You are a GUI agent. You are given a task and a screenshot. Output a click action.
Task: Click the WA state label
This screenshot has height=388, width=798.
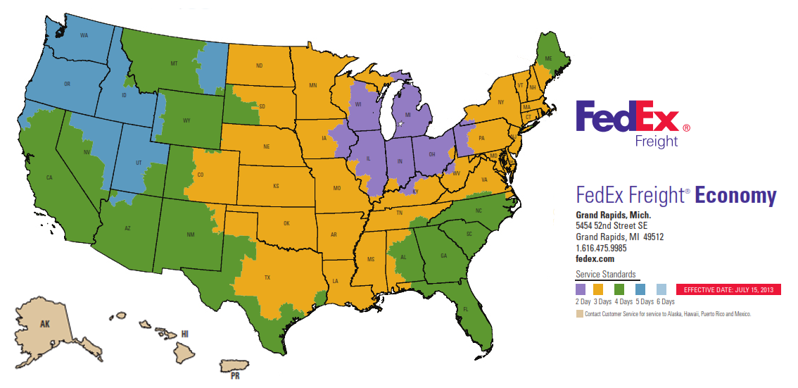click(x=84, y=35)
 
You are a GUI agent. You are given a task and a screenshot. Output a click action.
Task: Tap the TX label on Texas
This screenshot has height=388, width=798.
click(x=267, y=277)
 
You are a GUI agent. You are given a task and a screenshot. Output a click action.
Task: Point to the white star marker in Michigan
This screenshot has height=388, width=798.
click(x=401, y=124)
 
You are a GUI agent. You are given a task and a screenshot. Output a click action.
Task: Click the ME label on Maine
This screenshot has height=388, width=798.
click(x=549, y=59)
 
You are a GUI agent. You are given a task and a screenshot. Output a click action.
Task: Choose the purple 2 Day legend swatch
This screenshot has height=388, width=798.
click(x=581, y=289)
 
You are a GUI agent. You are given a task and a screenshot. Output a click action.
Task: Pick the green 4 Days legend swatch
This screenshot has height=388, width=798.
click(x=620, y=289)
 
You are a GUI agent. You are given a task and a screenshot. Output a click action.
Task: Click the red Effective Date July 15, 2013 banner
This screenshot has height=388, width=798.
click(x=728, y=289)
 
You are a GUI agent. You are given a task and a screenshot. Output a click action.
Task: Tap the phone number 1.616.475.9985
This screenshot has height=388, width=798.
click(x=601, y=248)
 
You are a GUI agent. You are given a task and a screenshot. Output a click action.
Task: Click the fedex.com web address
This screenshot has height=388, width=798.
click(x=595, y=258)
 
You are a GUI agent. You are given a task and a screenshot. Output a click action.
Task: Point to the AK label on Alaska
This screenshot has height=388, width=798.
click(x=45, y=325)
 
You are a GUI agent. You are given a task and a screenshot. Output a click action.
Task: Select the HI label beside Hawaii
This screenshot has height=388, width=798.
click(x=185, y=333)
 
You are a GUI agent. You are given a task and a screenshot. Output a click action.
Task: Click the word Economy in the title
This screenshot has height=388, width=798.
click(x=735, y=196)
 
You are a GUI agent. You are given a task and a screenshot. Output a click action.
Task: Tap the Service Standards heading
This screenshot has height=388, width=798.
click(x=605, y=274)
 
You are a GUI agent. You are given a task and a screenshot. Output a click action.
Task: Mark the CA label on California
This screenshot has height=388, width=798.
click(x=49, y=177)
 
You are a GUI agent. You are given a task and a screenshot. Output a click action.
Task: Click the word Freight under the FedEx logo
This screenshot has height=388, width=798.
click(x=656, y=141)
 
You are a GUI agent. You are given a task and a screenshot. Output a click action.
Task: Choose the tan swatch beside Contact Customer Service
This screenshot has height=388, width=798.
click(x=579, y=314)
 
